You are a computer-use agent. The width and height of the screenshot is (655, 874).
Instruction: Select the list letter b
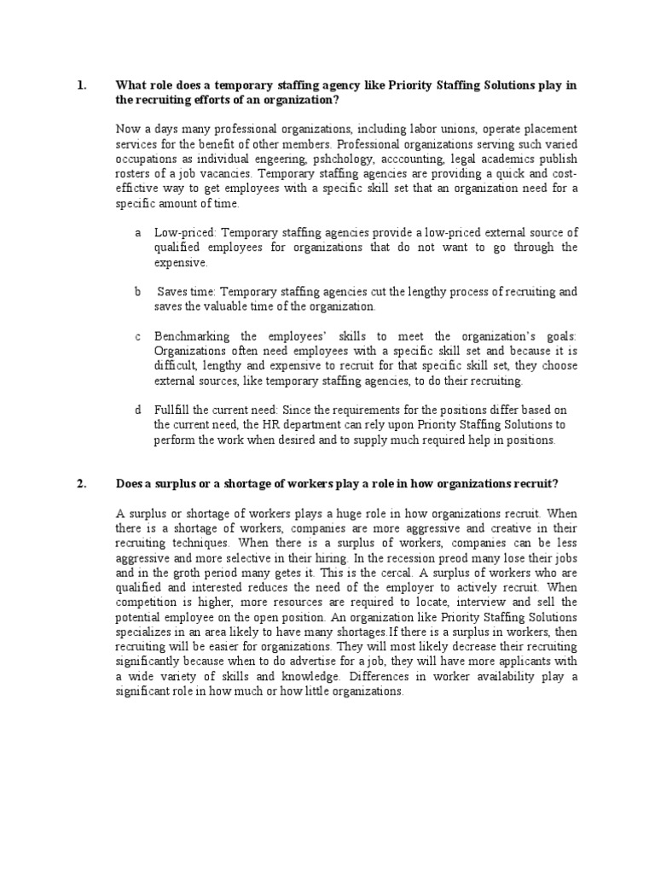tap(136, 291)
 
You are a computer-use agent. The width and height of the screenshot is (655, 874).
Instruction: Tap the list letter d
tap(136, 410)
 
